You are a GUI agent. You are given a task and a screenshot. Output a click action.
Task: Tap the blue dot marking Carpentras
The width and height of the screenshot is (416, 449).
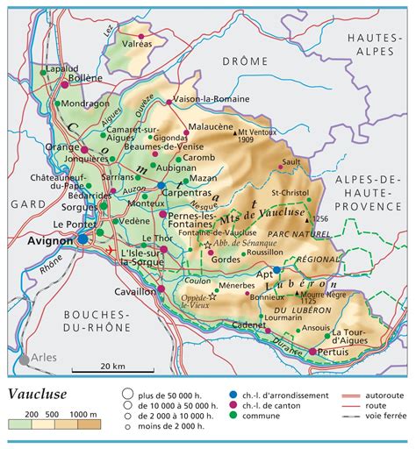coord(161,186)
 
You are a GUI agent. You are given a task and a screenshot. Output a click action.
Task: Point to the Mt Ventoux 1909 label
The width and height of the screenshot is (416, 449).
coord(235,136)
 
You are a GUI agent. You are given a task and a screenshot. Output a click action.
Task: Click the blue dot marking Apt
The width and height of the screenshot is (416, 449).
coord(277,270)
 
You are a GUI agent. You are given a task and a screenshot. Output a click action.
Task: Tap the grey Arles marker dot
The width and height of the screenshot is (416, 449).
coord(24,359)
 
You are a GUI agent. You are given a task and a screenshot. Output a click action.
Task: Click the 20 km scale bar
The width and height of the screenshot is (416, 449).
coord(109,366)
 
